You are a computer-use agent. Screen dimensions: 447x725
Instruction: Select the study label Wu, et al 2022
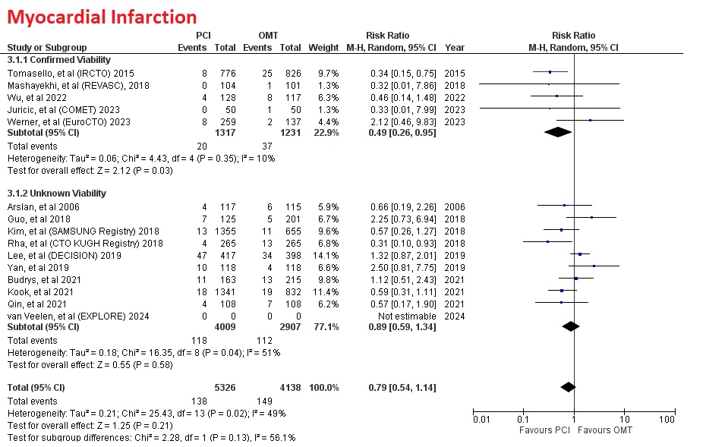click(x=36, y=97)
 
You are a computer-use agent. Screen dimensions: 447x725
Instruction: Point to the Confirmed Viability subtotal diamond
click(x=558, y=133)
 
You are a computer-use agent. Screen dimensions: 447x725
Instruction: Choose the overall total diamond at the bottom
click(x=567, y=388)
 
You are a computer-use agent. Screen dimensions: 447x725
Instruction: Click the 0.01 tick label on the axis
click(x=481, y=420)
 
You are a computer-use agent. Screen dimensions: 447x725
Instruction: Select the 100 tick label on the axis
click(x=667, y=420)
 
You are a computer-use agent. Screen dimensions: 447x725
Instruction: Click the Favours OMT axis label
click(x=605, y=430)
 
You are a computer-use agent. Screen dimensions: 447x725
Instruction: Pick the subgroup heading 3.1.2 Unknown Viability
click(x=56, y=194)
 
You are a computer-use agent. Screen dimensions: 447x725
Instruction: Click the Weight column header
click(x=323, y=48)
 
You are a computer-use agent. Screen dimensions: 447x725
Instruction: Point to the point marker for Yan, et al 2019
click(x=594, y=267)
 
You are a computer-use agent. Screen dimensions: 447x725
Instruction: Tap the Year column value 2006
click(x=455, y=206)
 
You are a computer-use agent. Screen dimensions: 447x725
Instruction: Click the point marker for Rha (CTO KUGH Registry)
click(x=547, y=243)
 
